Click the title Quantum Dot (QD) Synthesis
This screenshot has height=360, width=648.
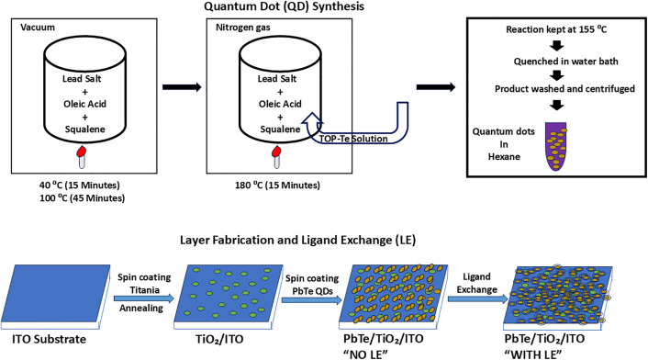pos(285,6)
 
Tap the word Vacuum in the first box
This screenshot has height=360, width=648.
pos(38,28)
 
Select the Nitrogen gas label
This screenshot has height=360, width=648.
pos(243,28)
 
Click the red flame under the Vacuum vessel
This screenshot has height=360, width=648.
pos(82,152)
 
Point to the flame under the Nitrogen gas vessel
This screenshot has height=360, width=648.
pos(276,152)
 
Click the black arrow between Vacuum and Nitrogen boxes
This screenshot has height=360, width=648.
pos(182,87)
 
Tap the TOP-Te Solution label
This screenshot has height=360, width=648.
pos(353,139)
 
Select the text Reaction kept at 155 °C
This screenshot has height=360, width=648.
pos(556,29)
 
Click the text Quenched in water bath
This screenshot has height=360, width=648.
pos(565,62)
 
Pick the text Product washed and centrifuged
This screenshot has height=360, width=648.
pos(564,88)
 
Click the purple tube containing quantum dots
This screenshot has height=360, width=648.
pos(556,146)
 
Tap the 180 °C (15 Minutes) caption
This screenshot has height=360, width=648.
pos(277,186)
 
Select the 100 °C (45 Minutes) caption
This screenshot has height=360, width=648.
pos(83,198)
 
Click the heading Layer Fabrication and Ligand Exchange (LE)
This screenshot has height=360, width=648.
pos(297,240)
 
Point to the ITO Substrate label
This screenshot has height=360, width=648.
pos(50,339)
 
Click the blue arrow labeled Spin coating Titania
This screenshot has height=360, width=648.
pos(144,298)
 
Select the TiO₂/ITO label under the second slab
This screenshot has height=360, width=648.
pos(219,339)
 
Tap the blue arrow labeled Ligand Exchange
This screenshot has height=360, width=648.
pos(477,298)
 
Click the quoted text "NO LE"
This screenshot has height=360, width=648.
pos(365,354)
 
